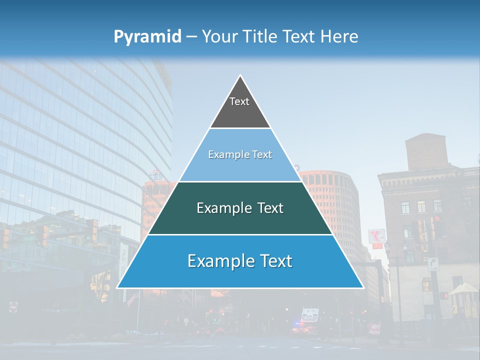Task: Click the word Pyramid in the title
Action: (x=147, y=37)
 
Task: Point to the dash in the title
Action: (x=191, y=37)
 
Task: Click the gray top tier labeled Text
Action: (x=240, y=107)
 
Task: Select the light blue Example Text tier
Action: (x=240, y=155)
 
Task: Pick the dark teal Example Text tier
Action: (x=240, y=208)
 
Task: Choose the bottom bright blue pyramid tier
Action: (x=240, y=261)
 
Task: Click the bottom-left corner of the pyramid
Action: (x=117, y=288)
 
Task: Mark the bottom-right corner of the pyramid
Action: (x=363, y=288)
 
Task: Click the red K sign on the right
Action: (x=376, y=236)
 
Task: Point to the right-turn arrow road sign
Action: (x=433, y=263)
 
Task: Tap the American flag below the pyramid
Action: (x=132, y=298)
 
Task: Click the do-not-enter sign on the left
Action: (x=13, y=306)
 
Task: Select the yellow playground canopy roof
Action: (x=464, y=288)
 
